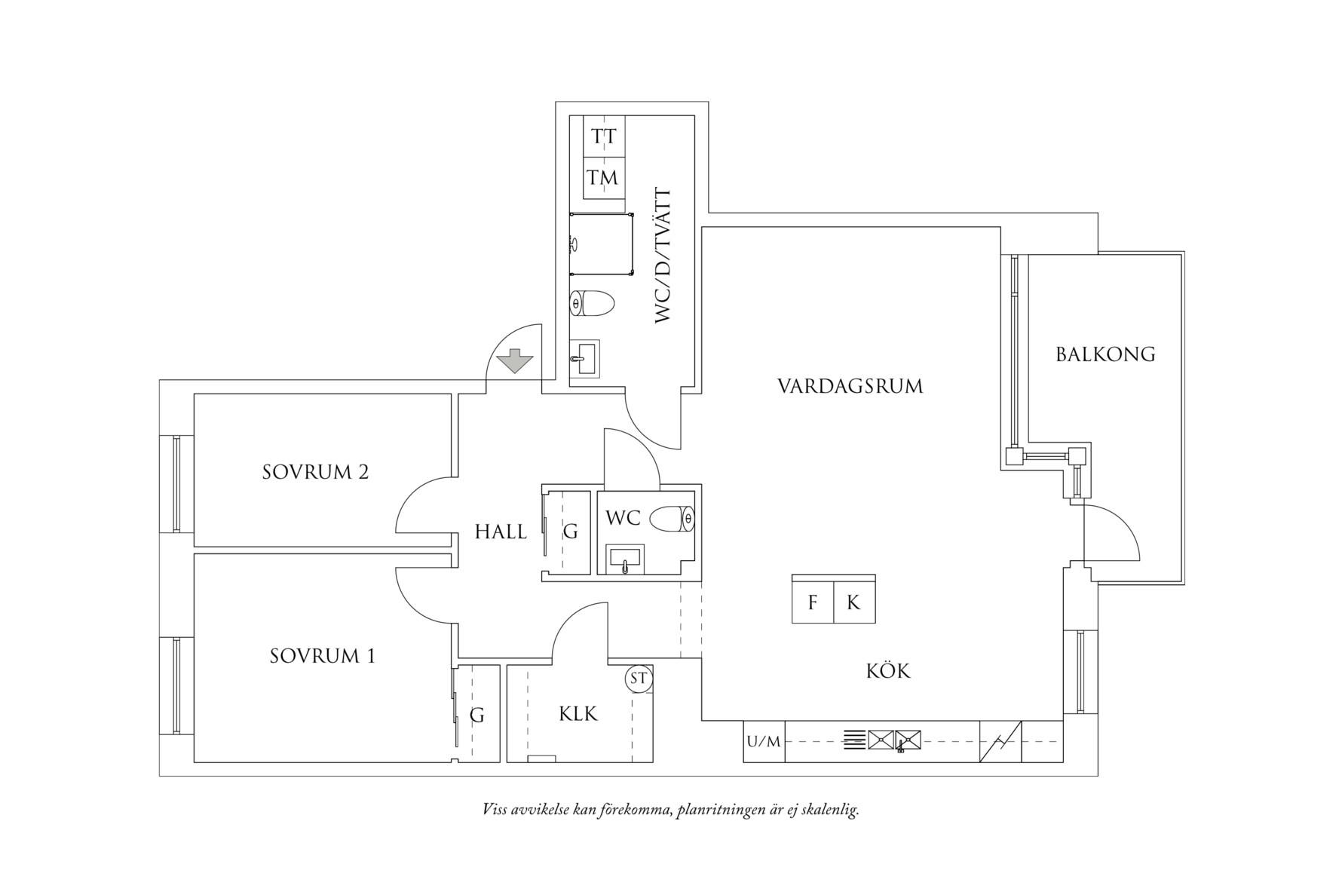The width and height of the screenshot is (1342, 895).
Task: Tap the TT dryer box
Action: [x=605, y=136]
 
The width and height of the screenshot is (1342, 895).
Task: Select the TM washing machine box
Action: [x=605, y=178]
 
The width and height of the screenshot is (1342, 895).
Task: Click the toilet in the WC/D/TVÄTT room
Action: [x=592, y=304]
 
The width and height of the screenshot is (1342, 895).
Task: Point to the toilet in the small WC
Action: [x=673, y=519]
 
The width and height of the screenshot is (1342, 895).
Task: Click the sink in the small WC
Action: [x=625, y=559]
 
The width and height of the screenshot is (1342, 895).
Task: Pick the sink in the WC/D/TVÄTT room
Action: [x=584, y=359]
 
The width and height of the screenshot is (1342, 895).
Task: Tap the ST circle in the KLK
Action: [x=639, y=678]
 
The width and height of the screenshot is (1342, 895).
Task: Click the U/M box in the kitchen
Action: [x=764, y=741]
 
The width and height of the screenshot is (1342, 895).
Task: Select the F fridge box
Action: [x=813, y=602]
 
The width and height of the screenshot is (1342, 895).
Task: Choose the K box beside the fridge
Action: [x=854, y=602]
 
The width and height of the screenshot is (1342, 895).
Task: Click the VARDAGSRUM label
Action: [x=850, y=386]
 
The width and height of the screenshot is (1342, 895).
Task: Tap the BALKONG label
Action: [x=1105, y=354]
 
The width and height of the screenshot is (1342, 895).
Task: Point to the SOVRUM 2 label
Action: [x=316, y=472]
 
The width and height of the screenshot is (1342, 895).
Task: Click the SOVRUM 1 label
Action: [x=323, y=656]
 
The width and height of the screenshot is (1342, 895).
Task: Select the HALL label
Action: [x=501, y=532]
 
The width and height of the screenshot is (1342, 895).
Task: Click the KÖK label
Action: [x=888, y=670]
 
